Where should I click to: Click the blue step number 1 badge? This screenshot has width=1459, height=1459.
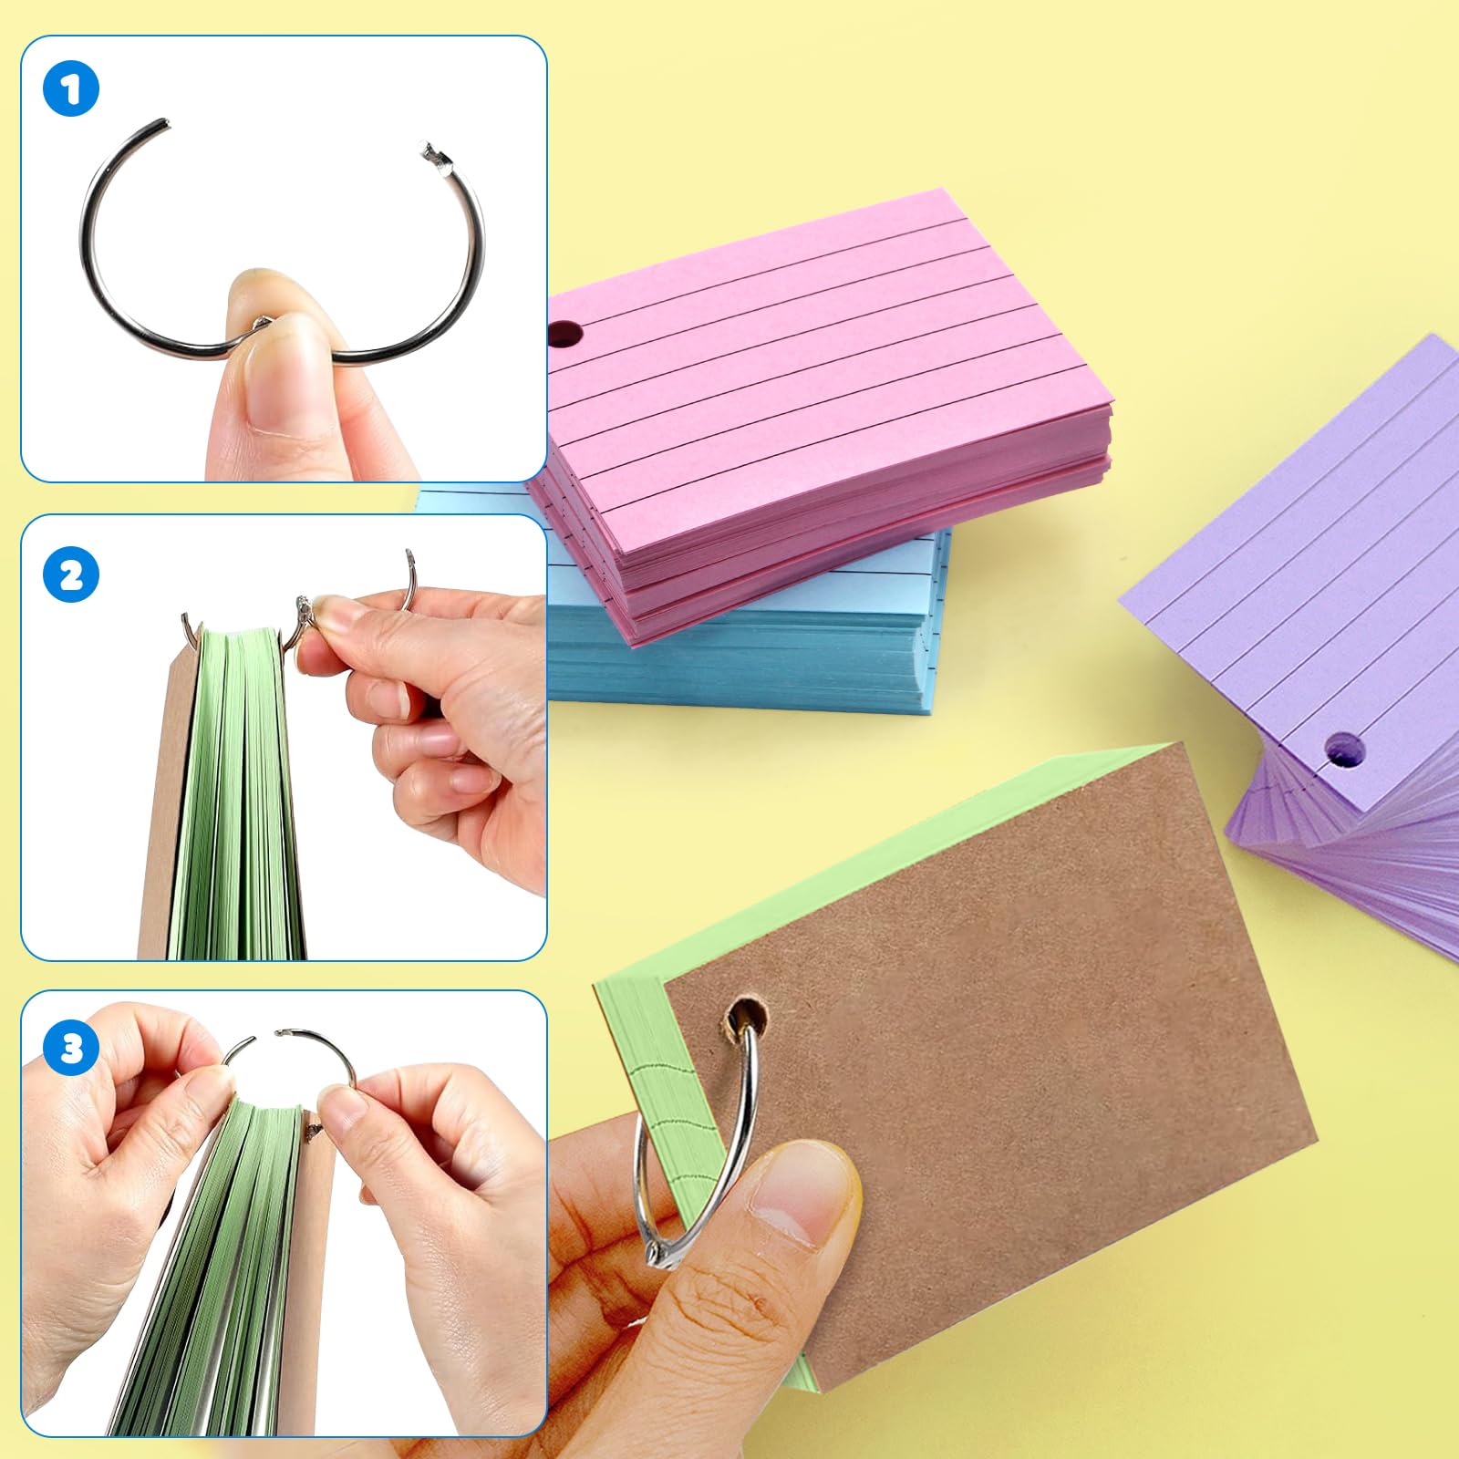click(x=70, y=88)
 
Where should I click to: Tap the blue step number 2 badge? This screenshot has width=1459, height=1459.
click(x=70, y=574)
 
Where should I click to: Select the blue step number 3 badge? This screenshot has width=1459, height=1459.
click(x=70, y=1048)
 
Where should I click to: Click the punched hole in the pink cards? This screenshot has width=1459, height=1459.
click(x=566, y=334)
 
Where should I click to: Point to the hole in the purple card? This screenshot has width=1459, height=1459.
click(x=1345, y=750)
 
